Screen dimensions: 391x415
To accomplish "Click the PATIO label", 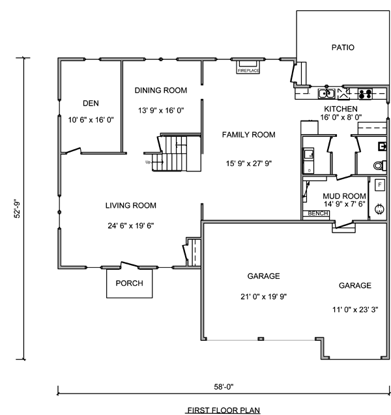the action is coord(343,48).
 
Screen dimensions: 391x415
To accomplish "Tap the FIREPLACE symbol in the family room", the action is coord(248,67).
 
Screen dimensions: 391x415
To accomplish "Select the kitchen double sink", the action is coord(326,94).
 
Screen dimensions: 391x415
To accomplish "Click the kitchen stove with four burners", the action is coord(365,94).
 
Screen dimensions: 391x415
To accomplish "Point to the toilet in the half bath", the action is coord(378,165).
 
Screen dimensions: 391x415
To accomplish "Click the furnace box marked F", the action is coord(380,185).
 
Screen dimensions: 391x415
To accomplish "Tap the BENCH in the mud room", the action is coord(318,213).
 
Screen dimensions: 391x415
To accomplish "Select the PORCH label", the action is coord(129,283).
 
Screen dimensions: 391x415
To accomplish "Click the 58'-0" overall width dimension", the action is coord(224,387).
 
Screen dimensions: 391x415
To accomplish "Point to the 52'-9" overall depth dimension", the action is coord(18,208).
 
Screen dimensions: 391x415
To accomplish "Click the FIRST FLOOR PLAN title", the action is coord(224,410).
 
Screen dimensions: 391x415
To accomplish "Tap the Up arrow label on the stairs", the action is coord(148,162).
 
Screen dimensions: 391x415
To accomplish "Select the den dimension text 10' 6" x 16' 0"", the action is coord(91,120).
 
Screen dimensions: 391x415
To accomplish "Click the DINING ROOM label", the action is coord(161,91).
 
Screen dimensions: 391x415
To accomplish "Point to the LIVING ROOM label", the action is coord(131,205).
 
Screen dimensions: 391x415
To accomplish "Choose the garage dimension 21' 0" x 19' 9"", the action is coord(264,296).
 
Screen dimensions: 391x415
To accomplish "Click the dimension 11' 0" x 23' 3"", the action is coord(355,309).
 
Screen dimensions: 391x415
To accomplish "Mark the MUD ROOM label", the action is coord(345,196).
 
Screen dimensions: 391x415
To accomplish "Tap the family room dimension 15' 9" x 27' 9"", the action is coord(249,164).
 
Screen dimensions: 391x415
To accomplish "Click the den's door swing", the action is coord(73,151).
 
